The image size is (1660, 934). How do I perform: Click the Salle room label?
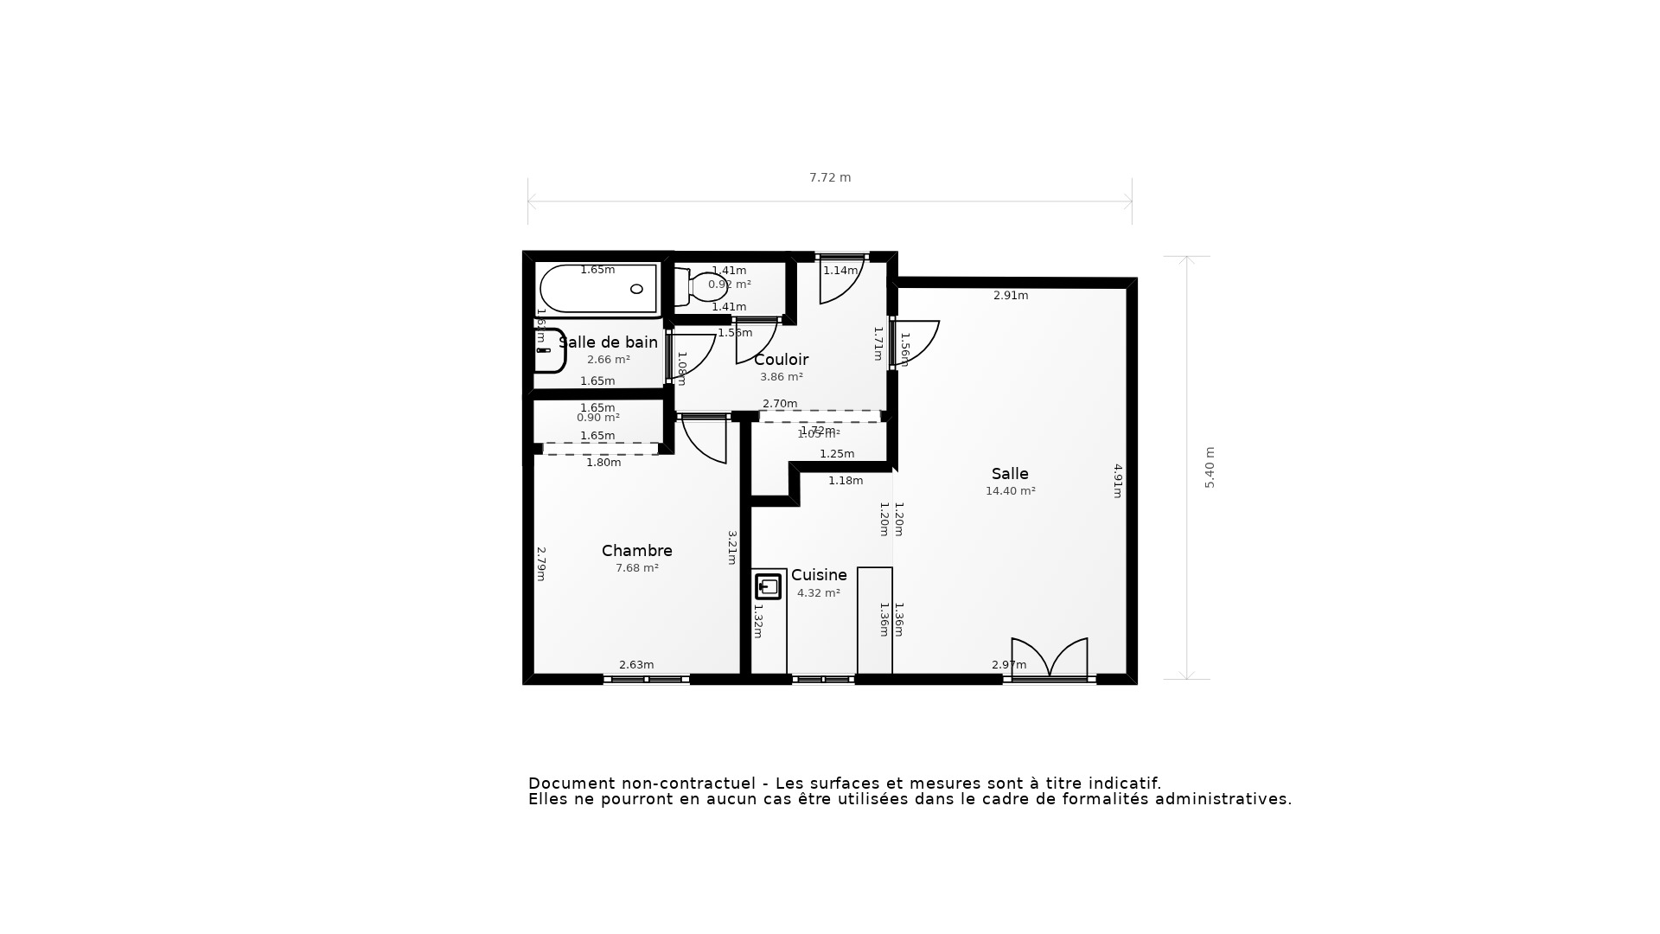click(1010, 474)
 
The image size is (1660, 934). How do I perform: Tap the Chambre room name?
click(637, 551)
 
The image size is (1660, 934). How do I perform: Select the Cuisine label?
click(819, 575)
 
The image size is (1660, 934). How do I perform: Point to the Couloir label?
click(781, 360)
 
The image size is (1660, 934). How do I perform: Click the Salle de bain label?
click(609, 342)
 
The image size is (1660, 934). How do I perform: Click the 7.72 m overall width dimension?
click(830, 178)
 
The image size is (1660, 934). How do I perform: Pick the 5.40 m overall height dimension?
click(1210, 468)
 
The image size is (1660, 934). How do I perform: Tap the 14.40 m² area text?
click(1010, 491)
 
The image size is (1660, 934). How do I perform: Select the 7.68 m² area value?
click(637, 568)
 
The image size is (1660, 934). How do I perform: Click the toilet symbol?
click(702, 287)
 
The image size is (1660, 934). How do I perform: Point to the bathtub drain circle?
click(637, 289)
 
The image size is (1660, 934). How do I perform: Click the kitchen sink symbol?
click(768, 587)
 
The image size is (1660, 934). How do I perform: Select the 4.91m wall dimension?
click(1117, 481)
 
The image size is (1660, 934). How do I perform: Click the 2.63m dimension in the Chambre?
click(636, 665)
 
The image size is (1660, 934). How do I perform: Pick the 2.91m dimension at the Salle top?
click(1010, 296)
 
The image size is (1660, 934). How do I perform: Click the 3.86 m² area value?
click(781, 377)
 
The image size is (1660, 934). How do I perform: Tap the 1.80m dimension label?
click(603, 463)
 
